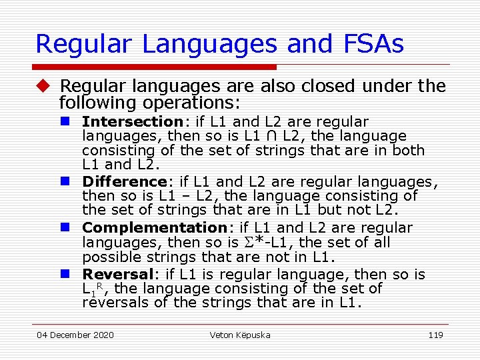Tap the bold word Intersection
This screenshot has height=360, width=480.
coord(132,122)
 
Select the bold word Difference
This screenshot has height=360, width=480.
coord(123,181)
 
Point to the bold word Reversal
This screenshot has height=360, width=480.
coord(117,275)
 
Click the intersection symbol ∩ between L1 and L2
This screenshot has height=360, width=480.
coord(271,137)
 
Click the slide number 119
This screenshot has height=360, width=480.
coord(435,335)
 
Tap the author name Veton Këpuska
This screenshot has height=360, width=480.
coord(240,335)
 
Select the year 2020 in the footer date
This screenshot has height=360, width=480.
coord(103,335)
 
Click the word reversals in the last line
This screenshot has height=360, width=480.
coord(117,303)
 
